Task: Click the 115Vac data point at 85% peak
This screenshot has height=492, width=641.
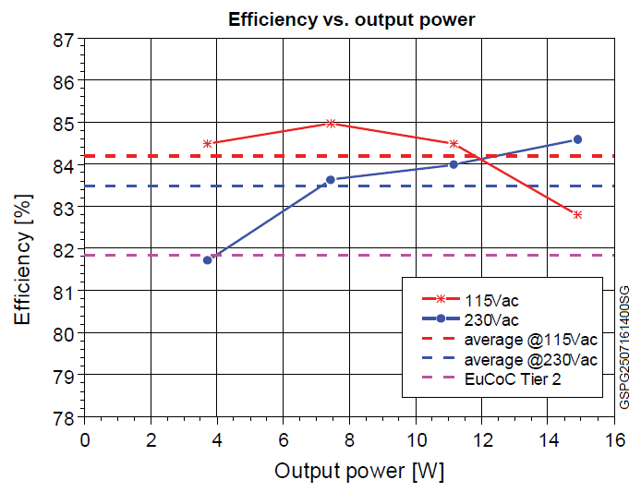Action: pos(331,123)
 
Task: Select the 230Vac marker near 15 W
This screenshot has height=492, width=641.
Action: pos(577,139)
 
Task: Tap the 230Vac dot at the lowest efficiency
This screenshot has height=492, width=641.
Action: pos(207,260)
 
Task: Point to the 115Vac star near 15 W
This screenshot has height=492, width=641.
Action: pos(577,215)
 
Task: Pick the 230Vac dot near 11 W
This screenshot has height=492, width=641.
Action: pos(454,164)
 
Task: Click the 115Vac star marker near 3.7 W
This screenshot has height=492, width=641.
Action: pos(207,143)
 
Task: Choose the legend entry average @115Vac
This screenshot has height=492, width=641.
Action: pos(529,340)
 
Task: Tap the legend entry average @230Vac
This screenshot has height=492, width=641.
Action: pos(529,359)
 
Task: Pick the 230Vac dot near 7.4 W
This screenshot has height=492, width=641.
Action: pos(330,179)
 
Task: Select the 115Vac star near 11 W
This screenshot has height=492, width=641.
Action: pos(454,143)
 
